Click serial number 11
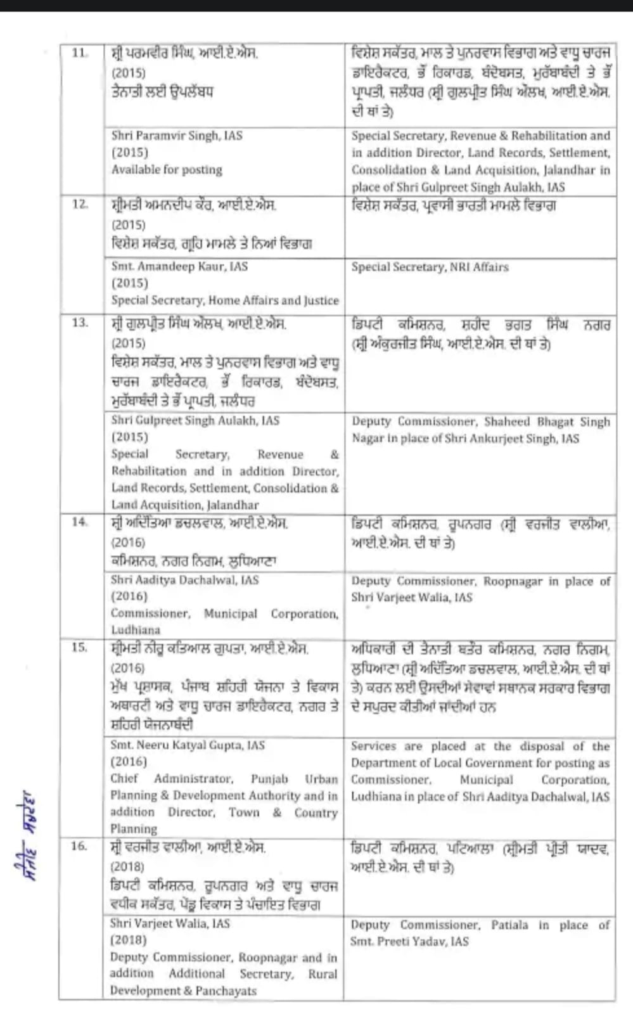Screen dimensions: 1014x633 pos(79,53)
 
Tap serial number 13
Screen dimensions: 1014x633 pos(80,323)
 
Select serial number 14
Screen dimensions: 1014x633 pos(79,522)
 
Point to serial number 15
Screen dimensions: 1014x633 pos(79,647)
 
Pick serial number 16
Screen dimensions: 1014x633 pos(79,845)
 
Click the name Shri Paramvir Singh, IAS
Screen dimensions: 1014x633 pos(177,136)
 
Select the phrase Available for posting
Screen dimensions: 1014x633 pos(167,170)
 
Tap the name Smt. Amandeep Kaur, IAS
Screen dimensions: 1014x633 pos(179,267)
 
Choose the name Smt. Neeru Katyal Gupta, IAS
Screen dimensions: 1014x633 pos(188,745)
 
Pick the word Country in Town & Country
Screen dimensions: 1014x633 pos(316,812)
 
